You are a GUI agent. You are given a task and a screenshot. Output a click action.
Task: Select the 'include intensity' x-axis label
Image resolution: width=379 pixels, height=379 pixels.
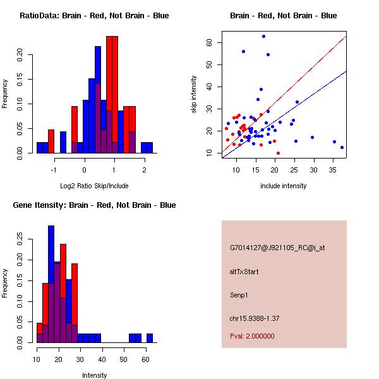pyautogui.click(x=284, y=186)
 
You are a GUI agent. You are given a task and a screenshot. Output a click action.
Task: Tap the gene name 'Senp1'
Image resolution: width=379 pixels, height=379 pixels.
pyautogui.click(x=241, y=294)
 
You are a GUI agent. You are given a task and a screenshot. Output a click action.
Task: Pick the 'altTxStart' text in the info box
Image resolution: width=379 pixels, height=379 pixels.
pyautogui.click(x=244, y=272)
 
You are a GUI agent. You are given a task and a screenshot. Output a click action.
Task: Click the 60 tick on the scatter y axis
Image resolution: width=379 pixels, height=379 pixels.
pyautogui.click(x=209, y=42)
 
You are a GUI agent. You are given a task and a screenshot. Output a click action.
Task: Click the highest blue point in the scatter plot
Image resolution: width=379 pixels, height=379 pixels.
pyautogui.click(x=264, y=36)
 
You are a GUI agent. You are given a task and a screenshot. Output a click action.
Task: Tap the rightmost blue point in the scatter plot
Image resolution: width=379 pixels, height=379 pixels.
pyautogui.click(x=342, y=147)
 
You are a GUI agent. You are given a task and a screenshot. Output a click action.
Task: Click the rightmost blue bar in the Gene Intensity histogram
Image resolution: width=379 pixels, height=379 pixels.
pyautogui.click(x=150, y=338)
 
